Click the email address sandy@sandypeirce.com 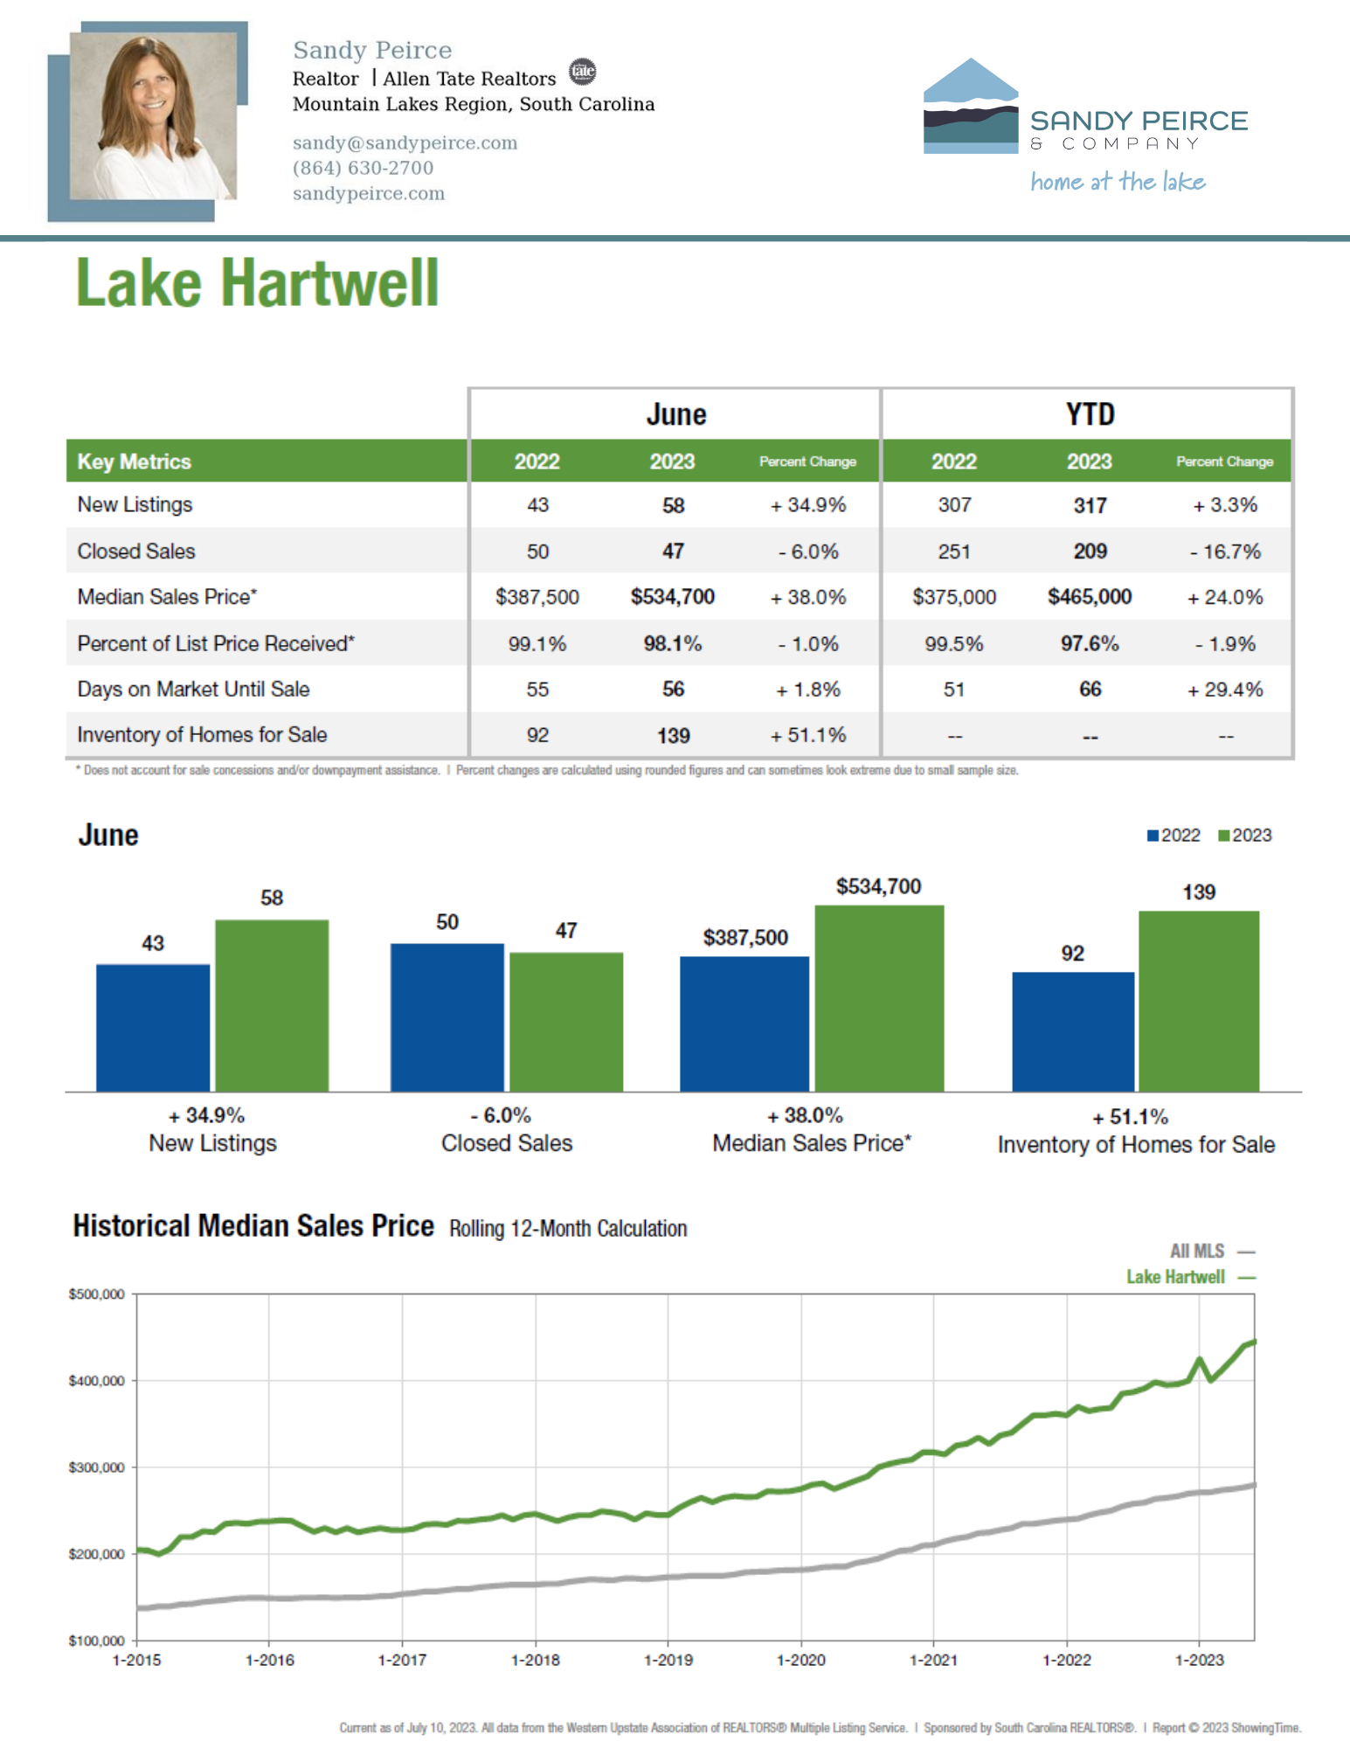tap(405, 142)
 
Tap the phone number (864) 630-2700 tap(363, 168)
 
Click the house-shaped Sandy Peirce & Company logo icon tap(971, 106)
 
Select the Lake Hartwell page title tap(257, 283)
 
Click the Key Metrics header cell tap(134, 461)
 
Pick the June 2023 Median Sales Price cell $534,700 tap(673, 597)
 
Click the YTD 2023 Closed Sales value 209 tap(1090, 551)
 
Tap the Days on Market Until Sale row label tap(193, 689)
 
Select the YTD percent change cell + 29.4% tap(1225, 690)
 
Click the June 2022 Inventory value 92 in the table tap(537, 735)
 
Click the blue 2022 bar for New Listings tap(153, 1028)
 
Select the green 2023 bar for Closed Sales tap(566, 1022)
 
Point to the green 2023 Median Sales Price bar tap(879, 998)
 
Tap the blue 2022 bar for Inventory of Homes tap(1073, 1031)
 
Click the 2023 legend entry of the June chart tap(1245, 836)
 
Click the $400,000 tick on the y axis tap(96, 1381)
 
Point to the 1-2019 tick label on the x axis tap(668, 1660)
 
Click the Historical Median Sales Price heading tap(253, 1226)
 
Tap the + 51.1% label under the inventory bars tap(1130, 1117)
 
